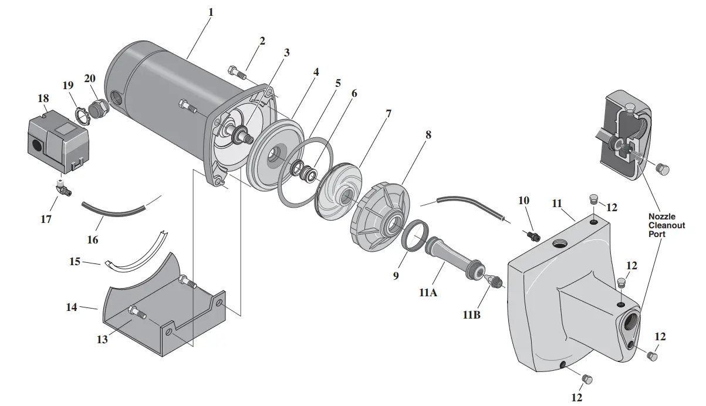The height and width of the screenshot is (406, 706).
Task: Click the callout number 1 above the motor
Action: click(211, 12)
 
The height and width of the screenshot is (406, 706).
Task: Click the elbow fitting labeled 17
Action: click(62, 188)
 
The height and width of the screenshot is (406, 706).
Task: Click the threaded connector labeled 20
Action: click(97, 109)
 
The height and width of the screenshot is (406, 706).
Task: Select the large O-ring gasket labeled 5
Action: click(305, 172)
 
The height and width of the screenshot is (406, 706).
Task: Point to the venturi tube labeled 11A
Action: click(452, 255)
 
